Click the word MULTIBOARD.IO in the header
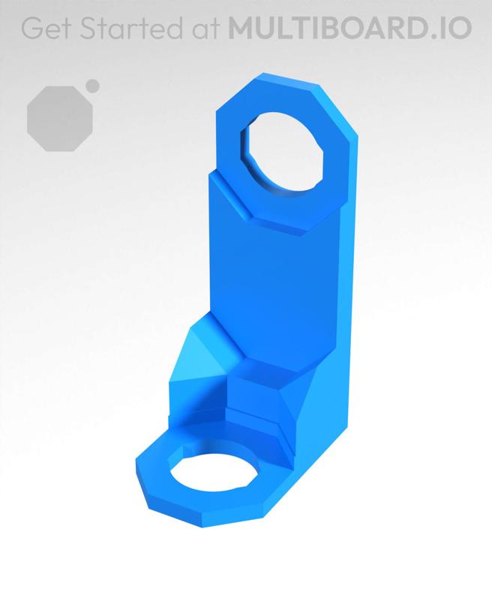coord(350,28)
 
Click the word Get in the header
coord(43,28)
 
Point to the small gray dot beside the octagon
coord(92,86)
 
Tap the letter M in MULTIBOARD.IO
coord(241,28)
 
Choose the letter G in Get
coord(30,28)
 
